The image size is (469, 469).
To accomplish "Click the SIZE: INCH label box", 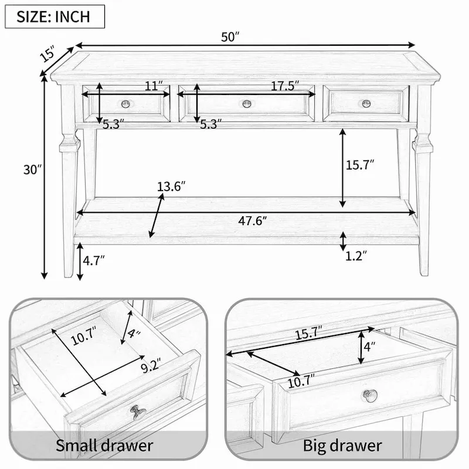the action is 55,16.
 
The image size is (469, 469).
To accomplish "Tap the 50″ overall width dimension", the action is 230,37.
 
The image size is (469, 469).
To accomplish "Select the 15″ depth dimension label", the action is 47,54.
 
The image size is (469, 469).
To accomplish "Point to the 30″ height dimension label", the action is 32,169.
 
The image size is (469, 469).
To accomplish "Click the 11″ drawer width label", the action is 154,86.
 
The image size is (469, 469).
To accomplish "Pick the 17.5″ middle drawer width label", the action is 285,86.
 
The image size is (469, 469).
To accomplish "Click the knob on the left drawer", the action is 125,104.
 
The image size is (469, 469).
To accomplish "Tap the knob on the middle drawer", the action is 247,104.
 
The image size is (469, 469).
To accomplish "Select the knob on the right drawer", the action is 366,104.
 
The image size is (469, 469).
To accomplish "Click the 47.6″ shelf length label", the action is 252,221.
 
